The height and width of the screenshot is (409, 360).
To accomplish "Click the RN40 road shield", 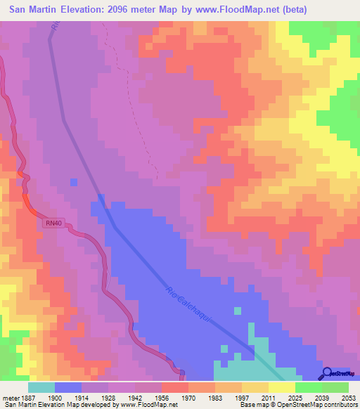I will [x=53, y=223].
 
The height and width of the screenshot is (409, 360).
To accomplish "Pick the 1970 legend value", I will [x=188, y=398].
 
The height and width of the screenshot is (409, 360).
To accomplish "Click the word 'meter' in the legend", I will [x=11, y=398].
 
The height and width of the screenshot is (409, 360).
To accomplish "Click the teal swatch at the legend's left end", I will [x=41, y=387].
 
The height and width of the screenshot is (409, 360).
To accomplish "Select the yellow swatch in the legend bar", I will [x=281, y=387].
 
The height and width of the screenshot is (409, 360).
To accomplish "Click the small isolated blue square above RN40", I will [x=74, y=183].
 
